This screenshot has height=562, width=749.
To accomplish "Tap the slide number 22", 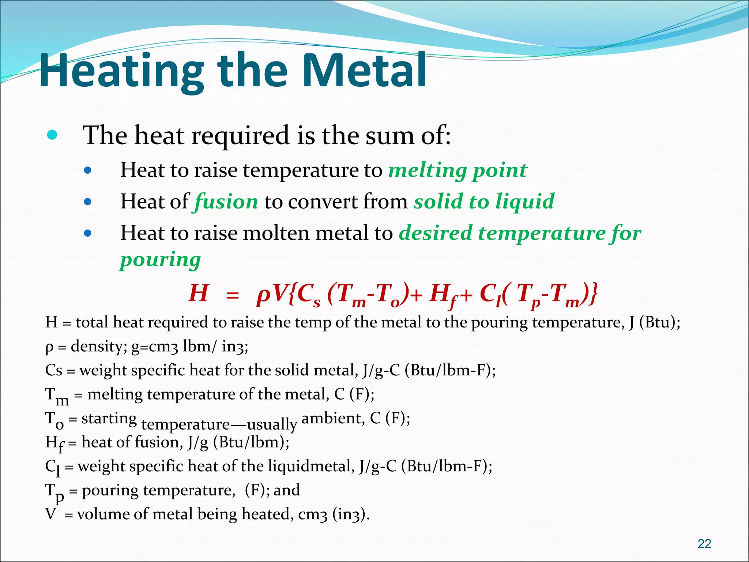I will pyautogui.click(x=704, y=544).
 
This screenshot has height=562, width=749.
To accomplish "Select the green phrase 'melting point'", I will pyautogui.click(x=458, y=171).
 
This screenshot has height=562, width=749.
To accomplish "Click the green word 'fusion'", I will pyautogui.click(x=226, y=202).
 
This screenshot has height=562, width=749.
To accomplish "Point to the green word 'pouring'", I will pyautogui.click(x=160, y=260).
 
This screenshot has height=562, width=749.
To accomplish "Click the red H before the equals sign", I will pyautogui.click(x=198, y=293).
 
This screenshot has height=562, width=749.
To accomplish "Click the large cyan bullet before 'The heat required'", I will pyautogui.click(x=52, y=135).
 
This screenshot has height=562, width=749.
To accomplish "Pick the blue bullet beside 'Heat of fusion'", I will pyautogui.click(x=87, y=202).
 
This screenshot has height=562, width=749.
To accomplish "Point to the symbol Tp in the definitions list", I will pyautogui.click(x=55, y=492).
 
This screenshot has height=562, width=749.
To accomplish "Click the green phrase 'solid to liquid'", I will pyautogui.click(x=484, y=202).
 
